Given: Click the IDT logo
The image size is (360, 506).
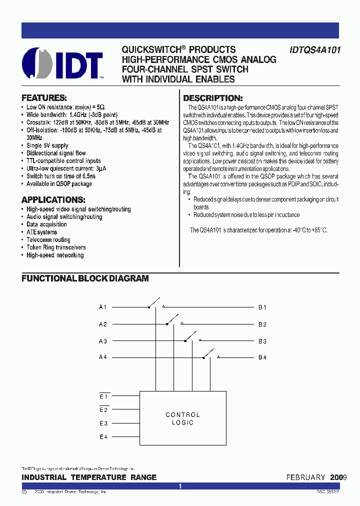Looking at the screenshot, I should tap(63, 63).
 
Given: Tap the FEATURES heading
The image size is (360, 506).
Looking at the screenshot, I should tap(44, 98).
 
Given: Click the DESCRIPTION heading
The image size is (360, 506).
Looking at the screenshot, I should tap(212, 98).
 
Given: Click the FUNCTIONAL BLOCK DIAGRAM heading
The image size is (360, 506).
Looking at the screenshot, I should tap(85, 278).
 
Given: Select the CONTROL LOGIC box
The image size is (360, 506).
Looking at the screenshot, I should tap(182, 418).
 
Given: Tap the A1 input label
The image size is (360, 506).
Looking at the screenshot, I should tap(102, 307).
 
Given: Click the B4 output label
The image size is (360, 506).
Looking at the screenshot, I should tap(262, 357).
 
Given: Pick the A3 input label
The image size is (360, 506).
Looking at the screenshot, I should tap(102, 341).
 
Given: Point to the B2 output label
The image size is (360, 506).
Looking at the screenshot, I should tap(262, 324).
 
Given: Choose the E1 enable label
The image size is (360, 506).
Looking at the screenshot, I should tap(103, 396).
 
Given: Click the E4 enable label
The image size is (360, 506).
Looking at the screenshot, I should tap(103, 437).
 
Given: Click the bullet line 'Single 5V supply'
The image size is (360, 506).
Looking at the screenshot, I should tap(47, 145).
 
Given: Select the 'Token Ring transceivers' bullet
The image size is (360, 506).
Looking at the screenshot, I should tap(56, 247).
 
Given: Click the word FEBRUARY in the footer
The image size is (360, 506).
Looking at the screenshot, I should tap(305, 477).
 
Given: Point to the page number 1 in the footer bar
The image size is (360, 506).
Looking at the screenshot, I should tap(180, 486).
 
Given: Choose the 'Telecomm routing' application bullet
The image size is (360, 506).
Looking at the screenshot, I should tap(48, 240).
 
